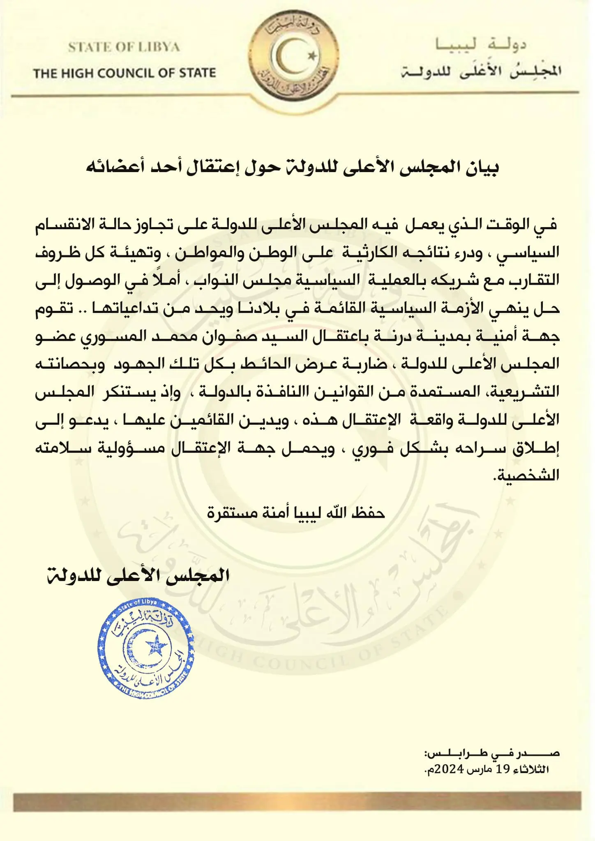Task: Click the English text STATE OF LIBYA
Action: click(124, 47)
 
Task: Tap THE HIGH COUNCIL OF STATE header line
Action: click(125, 74)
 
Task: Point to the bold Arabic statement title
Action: click(292, 168)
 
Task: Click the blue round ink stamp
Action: click(146, 649)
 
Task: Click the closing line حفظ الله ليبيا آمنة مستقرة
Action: click(296, 513)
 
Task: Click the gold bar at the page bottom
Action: click(297, 801)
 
